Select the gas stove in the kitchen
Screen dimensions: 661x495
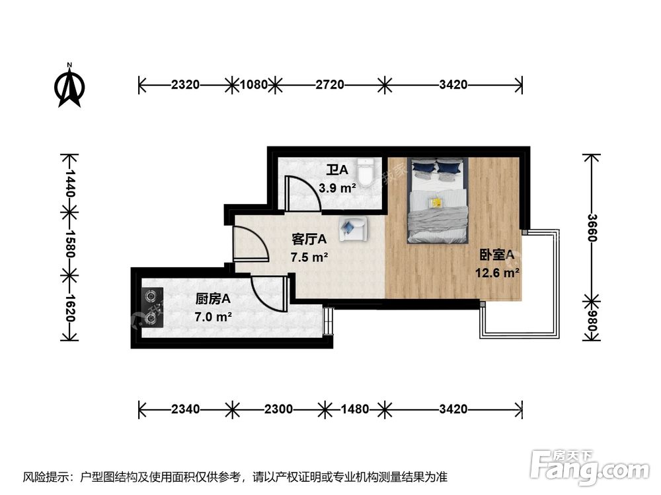pos(153,308)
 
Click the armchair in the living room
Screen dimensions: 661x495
pos(353,229)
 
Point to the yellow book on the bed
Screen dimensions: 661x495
pos(436,203)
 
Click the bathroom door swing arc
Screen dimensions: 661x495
pos(311,189)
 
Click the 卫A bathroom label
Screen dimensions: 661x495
pos(337,170)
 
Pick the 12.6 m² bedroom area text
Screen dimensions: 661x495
pos(497,273)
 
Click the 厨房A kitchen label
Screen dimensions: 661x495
pos(213,299)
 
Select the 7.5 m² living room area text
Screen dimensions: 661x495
pos(309,257)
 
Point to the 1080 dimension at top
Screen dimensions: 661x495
pos(254,84)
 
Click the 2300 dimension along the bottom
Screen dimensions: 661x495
pos(279,409)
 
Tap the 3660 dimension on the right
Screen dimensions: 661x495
pos(592,228)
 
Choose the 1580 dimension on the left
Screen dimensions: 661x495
pos(69,244)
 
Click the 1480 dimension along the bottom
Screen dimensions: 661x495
pos(354,409)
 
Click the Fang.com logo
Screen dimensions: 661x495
pos(590,467)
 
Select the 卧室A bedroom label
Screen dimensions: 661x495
pos(497,255)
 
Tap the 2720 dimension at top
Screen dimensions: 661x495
pos(330,84)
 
